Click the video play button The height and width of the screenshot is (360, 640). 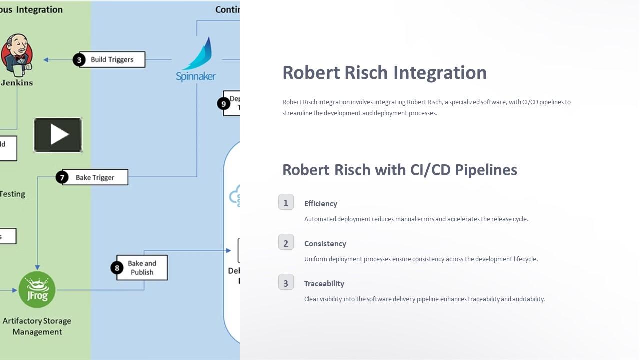point(58,135)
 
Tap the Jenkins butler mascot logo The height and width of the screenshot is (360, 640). point(16,54)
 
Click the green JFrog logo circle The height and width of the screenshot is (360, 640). point(37,290)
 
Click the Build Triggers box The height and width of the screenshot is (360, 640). point(112,60)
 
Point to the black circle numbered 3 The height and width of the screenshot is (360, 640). point(79,60)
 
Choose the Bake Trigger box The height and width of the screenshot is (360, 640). point(95,177)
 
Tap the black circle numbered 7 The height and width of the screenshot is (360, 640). point(62,177)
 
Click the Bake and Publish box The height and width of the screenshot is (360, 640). point(142,268)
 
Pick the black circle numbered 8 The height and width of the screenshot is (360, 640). point(117,268)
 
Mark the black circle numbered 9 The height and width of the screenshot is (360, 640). point(223,104)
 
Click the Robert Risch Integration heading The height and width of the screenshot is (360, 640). point(384,72)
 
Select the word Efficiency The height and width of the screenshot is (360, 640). point(321,204)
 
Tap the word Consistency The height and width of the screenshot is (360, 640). point(325,244)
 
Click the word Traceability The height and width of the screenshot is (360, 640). point(324,284)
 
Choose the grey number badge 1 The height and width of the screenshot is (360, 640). point(286,202)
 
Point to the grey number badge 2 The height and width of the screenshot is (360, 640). point(286,242)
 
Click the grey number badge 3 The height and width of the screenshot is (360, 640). point(286,282)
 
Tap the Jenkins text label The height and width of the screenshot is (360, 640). point(17,83)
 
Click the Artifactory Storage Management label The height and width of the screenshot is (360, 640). point(37,326)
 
